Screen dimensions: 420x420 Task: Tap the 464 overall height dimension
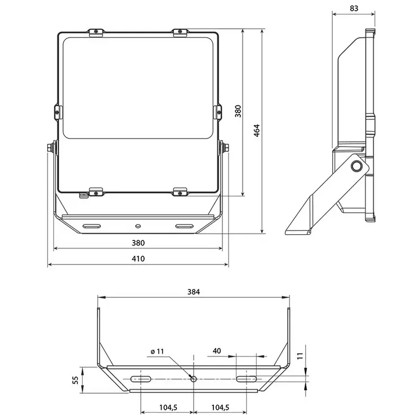(257, 131)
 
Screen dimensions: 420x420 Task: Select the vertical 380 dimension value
(238, 111)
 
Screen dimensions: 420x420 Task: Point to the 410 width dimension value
(138, 259)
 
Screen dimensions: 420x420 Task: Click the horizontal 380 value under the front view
(138, 243)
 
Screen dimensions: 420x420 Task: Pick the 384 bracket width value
(194, 292)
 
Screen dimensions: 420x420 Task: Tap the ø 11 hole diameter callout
(157, 351)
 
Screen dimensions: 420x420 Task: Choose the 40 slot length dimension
(216, 351)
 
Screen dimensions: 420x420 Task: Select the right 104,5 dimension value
(220, 408)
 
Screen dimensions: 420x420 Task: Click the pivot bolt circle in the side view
(356, 166)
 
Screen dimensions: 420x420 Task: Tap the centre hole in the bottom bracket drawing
(193, 379)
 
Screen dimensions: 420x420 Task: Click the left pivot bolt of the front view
(51, 148)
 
